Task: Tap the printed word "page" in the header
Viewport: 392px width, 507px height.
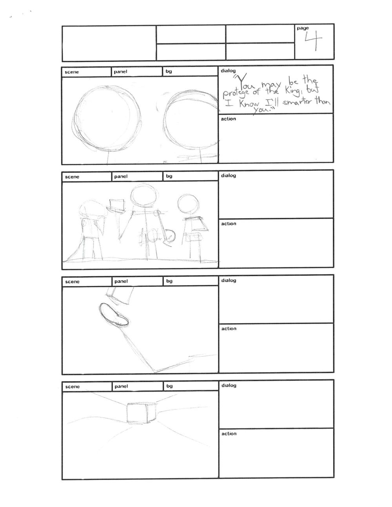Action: pos(303,28)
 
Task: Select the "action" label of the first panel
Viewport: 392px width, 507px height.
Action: pos(229,119)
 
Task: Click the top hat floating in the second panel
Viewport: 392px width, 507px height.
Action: pos(116,206)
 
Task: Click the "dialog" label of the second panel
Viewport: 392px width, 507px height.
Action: pos(229,176)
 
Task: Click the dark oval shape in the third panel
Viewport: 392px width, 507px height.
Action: pos(114,314)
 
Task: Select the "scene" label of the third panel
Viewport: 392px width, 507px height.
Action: pos(73,282)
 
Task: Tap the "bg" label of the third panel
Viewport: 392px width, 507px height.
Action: pos(169,281)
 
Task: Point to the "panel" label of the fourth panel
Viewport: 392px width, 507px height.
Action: pos(122,386)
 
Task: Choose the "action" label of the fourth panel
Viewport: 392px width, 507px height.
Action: pos(229,434)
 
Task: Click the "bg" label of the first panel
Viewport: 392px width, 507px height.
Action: pos(169,71)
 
